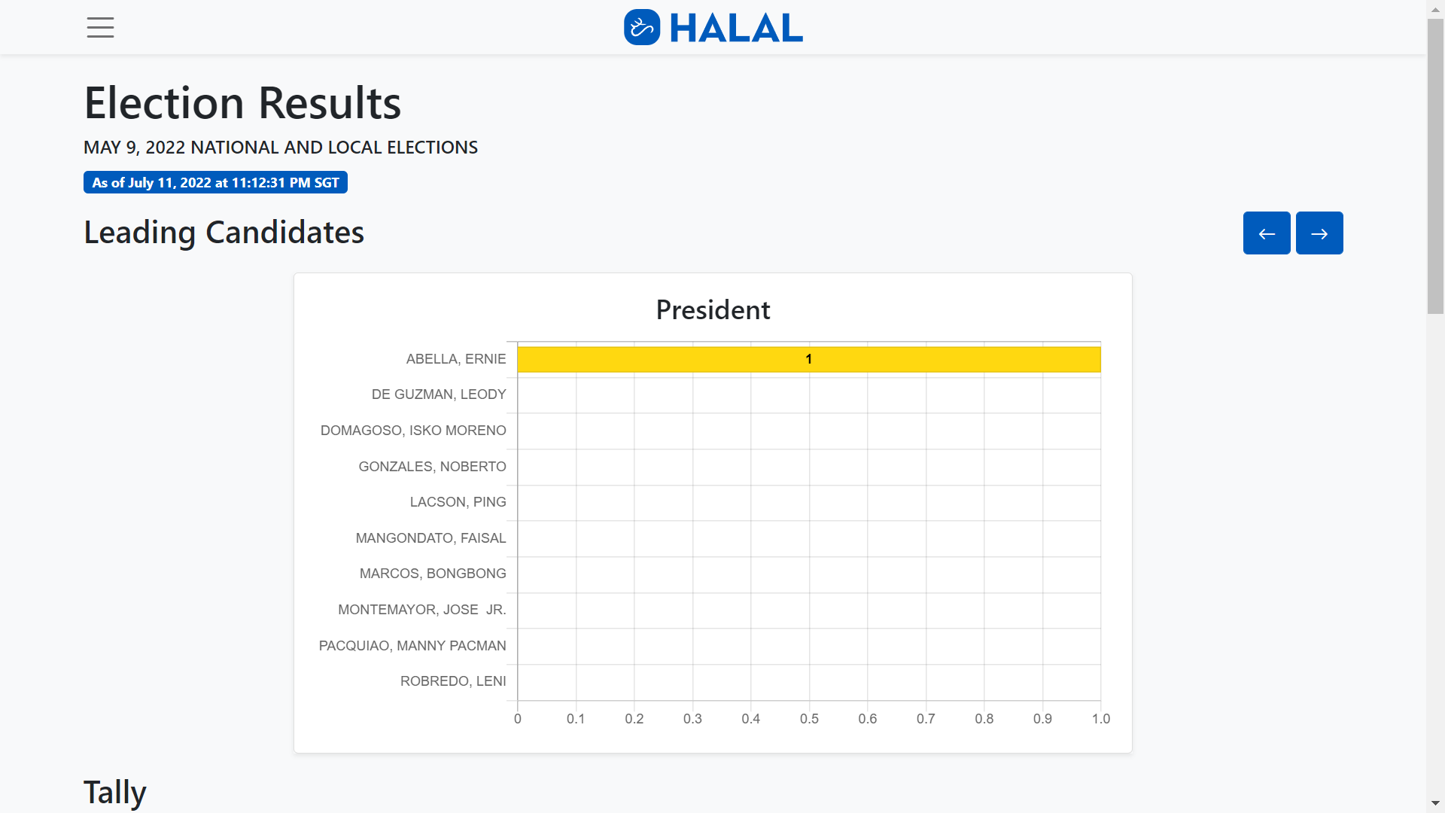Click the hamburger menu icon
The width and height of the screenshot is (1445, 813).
100,28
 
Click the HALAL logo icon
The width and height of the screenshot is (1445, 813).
642,28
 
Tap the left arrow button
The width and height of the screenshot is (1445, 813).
1267,233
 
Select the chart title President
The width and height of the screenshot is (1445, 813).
713,310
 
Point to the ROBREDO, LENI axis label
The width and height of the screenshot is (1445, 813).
453,681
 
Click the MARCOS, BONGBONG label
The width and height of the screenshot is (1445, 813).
433,574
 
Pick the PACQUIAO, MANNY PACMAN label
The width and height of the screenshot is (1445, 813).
412,646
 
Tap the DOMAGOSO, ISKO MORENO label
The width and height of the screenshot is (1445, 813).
413,431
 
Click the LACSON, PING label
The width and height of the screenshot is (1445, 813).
458,502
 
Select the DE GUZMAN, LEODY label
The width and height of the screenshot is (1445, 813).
439,394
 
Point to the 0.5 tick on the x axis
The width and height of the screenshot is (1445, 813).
809,719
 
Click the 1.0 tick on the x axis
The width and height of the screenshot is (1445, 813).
1100,719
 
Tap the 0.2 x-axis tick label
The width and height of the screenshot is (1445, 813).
634,719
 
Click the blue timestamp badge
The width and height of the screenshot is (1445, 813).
215,183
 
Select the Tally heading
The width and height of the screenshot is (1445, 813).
115,792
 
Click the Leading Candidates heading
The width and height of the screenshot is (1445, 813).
224,233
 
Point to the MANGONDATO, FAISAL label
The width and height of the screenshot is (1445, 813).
430,538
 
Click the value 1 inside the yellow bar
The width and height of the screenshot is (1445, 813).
809,359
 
